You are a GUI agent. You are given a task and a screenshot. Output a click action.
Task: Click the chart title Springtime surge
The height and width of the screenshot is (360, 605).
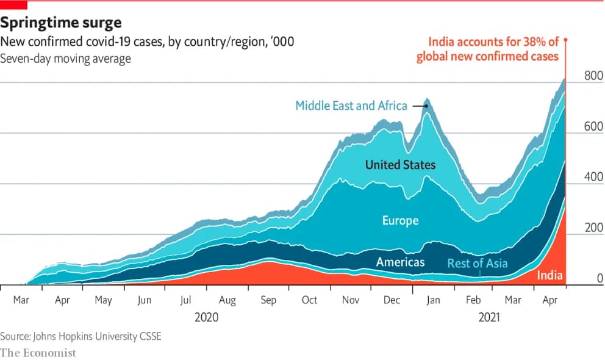tap(61, 23)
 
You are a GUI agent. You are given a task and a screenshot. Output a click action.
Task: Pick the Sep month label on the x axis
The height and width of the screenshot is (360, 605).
tap(268, 300)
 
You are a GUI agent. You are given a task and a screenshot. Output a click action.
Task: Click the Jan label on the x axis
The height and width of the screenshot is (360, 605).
tap(432, 300)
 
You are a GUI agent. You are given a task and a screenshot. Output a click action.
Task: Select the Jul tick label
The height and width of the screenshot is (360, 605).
tap(186, 300)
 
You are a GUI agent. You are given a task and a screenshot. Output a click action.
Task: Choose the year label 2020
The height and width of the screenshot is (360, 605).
tap(206, 317)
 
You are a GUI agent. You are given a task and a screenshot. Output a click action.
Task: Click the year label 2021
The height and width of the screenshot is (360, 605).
tap(490, 317)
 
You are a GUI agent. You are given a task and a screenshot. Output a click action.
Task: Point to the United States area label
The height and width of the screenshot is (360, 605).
tap(400, 165)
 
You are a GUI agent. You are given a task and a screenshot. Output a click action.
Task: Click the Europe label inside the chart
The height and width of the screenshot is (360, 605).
tap(400, 220)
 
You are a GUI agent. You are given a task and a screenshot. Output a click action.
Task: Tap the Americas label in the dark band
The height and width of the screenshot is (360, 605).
tap(400, 262)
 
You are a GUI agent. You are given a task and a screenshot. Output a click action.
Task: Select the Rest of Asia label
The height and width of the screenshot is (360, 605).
tap(478, 264)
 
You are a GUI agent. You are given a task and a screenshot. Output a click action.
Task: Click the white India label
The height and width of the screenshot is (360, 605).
tap(550, 276)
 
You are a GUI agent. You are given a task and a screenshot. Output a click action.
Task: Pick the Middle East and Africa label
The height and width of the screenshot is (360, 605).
tap(351, 106)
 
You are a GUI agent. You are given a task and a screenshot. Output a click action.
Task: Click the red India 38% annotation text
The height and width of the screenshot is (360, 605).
tap(488, 49)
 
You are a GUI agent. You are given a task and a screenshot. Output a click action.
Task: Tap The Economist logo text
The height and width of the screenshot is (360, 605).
tap(38, 353)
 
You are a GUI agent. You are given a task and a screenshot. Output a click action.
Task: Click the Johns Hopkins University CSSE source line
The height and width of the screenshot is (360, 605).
tap(81, 336)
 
